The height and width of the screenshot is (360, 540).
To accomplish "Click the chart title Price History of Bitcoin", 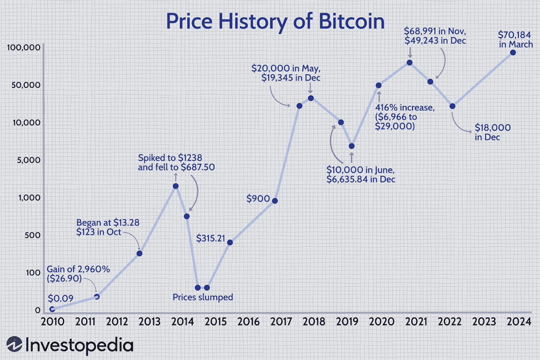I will pos(275,22).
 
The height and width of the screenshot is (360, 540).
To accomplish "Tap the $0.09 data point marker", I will pos(52,309).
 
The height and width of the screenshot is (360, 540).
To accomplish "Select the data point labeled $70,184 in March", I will pos(513,52).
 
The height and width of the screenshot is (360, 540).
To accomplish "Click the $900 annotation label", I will pos(258,198).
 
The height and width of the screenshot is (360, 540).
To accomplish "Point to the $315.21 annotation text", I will pos(211,238).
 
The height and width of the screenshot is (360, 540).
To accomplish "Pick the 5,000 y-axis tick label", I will pos(28,160).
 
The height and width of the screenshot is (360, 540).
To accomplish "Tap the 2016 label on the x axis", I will pos(248,322).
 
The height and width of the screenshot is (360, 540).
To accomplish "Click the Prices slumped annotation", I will pos(202,297).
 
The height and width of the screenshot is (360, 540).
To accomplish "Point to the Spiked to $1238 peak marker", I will pos(176,186).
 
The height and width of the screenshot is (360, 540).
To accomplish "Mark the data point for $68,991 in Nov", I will pos(409,62).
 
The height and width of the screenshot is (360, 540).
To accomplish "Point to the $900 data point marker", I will pos(275,200).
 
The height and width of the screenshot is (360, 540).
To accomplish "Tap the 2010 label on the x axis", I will pos(52,322).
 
